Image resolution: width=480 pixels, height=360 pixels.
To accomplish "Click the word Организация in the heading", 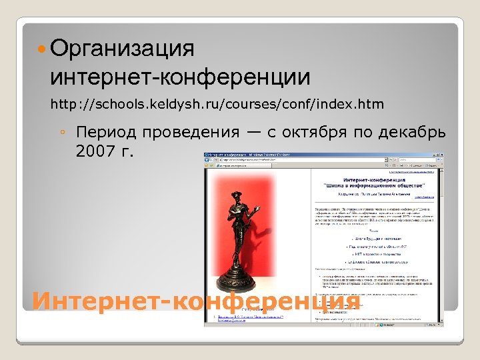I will [x=121, y=49].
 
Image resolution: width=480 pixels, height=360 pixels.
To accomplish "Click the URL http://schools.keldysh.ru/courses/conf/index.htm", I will [x=217, y=104].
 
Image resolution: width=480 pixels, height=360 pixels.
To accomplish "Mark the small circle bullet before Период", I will [x=61, y=132].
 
